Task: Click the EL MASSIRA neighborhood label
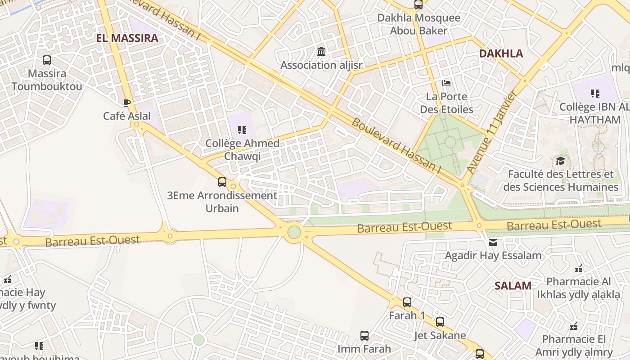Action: [x=127, y=38]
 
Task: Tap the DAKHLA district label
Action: [x=501, y=54]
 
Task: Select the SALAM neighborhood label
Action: [x=513, y=285]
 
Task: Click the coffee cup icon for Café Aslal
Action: [x=127, y=103]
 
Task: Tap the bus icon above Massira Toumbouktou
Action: [x=47, y=60]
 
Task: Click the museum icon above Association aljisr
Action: [x=321, y=52]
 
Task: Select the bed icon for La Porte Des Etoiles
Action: [x=446, y=83]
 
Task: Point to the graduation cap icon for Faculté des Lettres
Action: [x=560, y=161]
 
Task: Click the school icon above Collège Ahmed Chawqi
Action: [x=242, y=130]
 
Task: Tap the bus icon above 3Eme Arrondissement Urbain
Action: [x=222, y=182]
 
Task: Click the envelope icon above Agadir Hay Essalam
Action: [x=493, y=243]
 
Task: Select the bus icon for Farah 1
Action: [x=407, y=302]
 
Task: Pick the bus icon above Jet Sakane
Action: [x=440, y=322]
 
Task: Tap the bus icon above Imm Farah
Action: [x=364, y=335]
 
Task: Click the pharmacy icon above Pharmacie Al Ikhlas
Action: [x=579, y=269]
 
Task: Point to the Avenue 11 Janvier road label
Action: [x=491, y=132]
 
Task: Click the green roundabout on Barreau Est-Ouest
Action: [x=294, y=232]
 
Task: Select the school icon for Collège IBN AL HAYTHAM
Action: [x=595, y=94]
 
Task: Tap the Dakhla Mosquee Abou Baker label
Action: [x=418, y=24]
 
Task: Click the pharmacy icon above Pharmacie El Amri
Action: [x=574, y=326]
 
